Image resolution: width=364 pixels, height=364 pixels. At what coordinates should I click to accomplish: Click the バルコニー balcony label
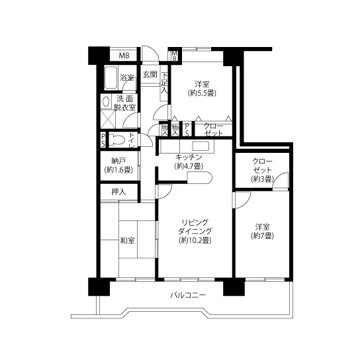[188, 295]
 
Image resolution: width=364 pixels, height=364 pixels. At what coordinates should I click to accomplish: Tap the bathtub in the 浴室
[111, 78]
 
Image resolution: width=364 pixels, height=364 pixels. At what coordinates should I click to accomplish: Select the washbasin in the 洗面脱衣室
[106, 102]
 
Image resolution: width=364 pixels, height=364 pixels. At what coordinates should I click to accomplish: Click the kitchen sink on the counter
[201, 146]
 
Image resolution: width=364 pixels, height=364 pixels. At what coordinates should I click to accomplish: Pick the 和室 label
[127, 240]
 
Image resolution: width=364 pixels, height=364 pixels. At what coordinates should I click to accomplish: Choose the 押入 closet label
[118, 192]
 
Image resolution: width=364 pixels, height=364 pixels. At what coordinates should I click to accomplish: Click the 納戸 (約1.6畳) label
[118, 165]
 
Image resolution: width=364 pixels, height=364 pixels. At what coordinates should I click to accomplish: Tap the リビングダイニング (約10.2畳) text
[195, 231]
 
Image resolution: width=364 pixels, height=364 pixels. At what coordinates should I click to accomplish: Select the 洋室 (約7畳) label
[262, 231]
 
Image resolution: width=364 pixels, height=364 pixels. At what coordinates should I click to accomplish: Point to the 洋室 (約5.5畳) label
[202, 89]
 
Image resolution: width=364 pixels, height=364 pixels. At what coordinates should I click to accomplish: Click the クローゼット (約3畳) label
[262, 170]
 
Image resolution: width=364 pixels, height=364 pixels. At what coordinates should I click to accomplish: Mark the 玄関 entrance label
[150, 74]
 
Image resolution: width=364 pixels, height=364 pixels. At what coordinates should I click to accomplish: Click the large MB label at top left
[124, 56]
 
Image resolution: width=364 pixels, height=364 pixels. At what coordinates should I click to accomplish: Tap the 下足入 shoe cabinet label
[164, 83]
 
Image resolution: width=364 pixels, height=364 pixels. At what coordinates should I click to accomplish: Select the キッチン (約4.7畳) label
[189, 161]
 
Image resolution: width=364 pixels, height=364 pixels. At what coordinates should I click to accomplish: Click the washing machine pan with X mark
[108, 119]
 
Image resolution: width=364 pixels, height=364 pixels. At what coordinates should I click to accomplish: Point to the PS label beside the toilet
[103, 140]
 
